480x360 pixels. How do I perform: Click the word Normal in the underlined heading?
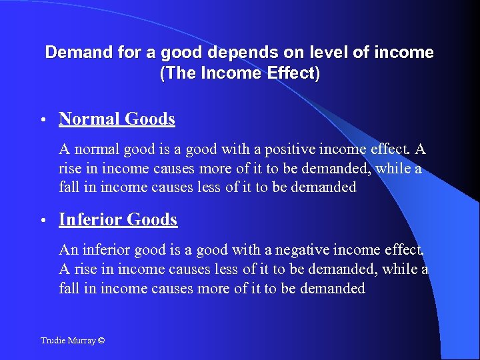[x=89, y=119]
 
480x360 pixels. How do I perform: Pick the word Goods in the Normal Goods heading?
[x=149, y=119]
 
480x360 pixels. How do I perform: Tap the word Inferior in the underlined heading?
[x=90, y=219]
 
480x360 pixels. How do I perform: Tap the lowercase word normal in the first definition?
[x=94, y=149]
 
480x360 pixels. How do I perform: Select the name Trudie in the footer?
[x=52, y=341]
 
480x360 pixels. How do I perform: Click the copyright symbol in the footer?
[x=101, y=341]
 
